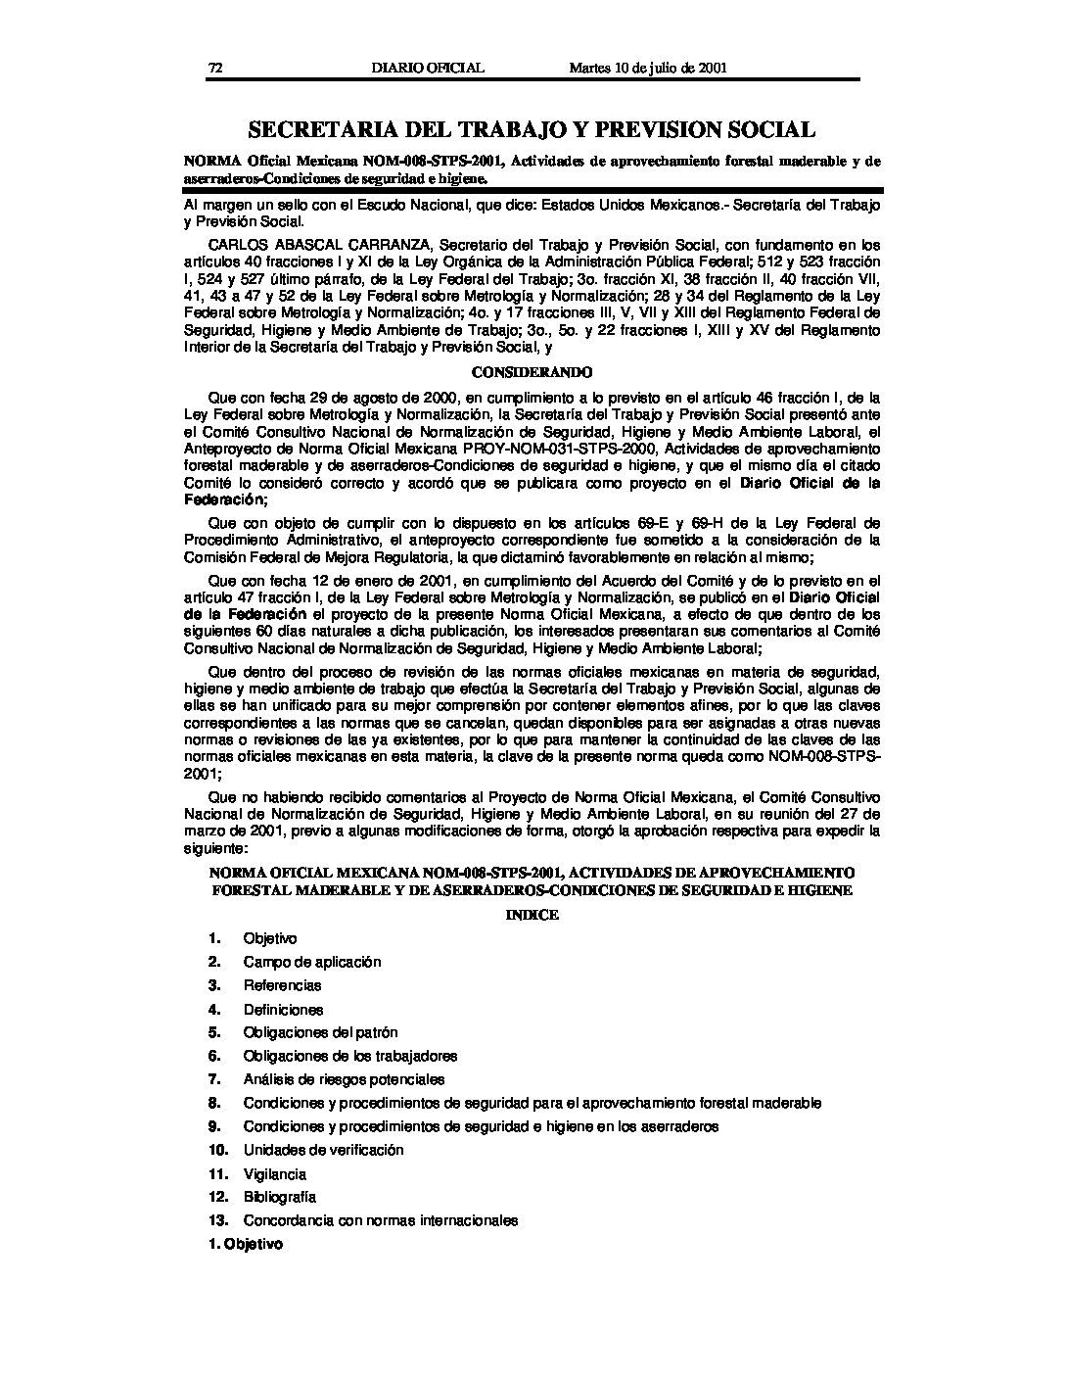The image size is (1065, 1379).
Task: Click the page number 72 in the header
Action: pyautogui.click(x=216, y=68)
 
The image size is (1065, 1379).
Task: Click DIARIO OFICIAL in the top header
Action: pyautogui.click(x=428, y=68)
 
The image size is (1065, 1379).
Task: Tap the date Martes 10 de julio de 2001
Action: pyautogui.click(x=647, y=68)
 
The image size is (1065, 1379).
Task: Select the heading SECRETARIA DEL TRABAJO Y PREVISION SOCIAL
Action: pyautogui.click(x=532, y=129)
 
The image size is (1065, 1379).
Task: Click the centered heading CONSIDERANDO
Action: pyautogui.click(x=532, y=372)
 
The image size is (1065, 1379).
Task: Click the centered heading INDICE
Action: pyautogui.click(x=532, y=914)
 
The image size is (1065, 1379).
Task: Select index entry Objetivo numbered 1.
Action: pyautogui.click(x=270, y=938)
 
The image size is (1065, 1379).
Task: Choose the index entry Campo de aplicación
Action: pyautogui.click(x=312, y=962)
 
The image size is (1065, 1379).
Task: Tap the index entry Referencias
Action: pyautogui.click(x=282, y=985)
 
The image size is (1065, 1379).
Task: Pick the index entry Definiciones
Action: pyautogui.click(x=283, y=1009)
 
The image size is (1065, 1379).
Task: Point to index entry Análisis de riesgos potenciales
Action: pyautogui.click(x=344, y=1079)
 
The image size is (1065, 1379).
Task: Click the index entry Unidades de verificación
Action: pyautogui.click(x=323, y=1150)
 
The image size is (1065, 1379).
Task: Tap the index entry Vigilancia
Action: pyautogui.click(x=275, y=1173)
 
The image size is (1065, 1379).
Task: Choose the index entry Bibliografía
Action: pyautogui.click(x=280, y=1197)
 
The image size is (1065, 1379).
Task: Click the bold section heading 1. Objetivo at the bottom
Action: pyautogui.click(x=246, y=1244)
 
